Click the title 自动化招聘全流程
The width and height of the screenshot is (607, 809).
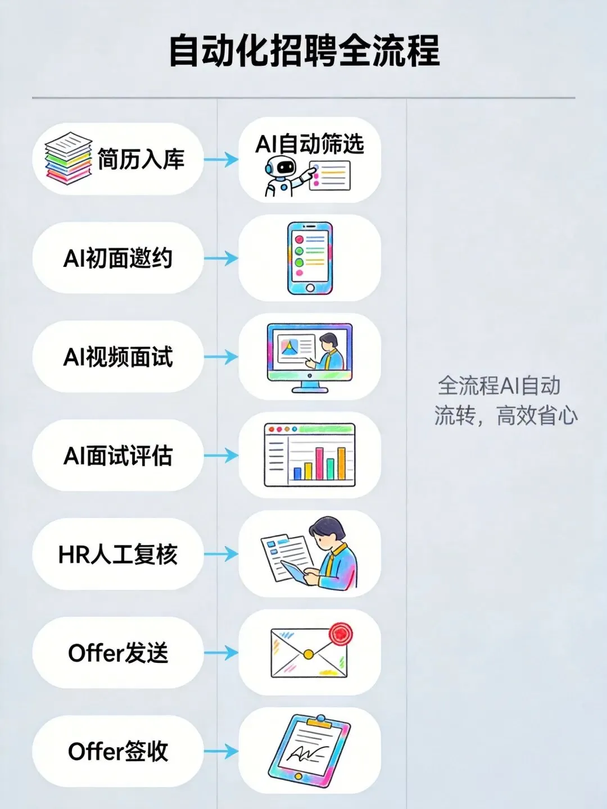pyautogui.click(x=303, y=51)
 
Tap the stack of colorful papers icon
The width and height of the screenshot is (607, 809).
pyautogui.click(x=68, y=158)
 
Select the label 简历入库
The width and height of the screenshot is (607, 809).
pyautogui.click(x=141, y=160)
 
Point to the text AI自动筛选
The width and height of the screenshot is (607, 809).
pyautogui.click(x=310, y=144)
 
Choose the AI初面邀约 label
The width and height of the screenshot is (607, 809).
pyautogui.click(x=118, y=258)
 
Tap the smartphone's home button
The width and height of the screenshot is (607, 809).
pyautogui.click(x=310, y=288)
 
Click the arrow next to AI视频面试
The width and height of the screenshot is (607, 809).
pyautogui.click(x=221, y=357)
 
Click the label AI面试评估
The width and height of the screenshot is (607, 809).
pyautogui.click(x=118, y=456)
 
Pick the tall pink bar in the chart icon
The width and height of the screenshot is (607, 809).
pyautogui.click(x=319, y=463)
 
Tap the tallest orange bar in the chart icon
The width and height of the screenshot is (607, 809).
pyautogui.click(x=341, y=463)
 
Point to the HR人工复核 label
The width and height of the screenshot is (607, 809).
pyautogui.click(x=118, y=555)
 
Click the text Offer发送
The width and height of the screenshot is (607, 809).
pyautogui.click(x=118, y=653)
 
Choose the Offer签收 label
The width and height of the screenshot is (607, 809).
pyautogui.click(x=118, y=751)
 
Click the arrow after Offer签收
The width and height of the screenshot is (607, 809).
pyautogui.click(x=221, y=751)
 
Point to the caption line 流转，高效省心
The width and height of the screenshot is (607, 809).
pyautogui.click(x=506, y=416)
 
